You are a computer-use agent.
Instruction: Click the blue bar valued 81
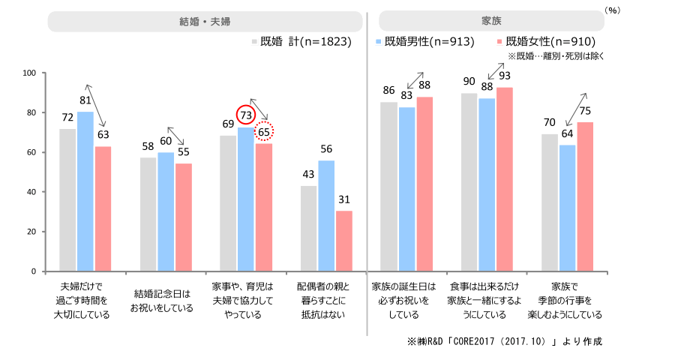(85, 191)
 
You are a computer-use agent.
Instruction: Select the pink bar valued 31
(343, 241)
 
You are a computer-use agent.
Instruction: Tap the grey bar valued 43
(308, 228)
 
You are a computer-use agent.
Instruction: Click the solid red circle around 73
(246, 114)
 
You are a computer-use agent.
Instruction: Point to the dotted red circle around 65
(264, 132)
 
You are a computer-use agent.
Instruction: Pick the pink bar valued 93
(505, 178)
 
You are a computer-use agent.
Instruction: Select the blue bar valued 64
(567, 208)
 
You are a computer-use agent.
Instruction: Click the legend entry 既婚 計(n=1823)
(301, 42)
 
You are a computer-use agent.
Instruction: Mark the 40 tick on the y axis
(31, 192)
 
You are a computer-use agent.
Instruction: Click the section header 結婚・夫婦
(199, 21)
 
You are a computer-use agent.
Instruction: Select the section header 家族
(491, 21)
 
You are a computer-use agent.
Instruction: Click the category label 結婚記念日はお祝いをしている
(163, 301)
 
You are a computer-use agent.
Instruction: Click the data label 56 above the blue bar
(326, 148)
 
